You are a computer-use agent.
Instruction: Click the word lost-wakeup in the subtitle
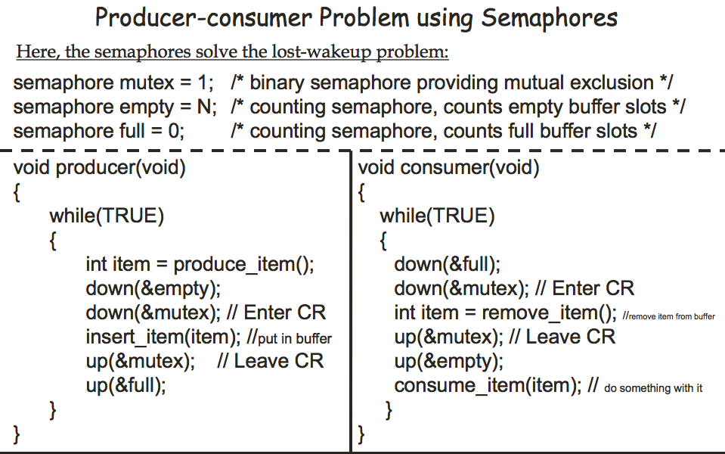[296, 53]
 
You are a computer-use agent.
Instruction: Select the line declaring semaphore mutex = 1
[113, 82]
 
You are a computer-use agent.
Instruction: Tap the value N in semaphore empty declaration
[204, 107]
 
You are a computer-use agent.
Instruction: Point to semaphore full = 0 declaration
[99, 131]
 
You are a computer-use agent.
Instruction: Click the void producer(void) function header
[100, 167]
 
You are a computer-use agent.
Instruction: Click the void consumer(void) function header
[449, 167]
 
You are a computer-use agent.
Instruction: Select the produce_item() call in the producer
[243, 264]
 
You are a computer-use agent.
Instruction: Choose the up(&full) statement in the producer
[125, 385]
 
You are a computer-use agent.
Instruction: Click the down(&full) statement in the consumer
[447, 264]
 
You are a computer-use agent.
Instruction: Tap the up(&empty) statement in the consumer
[448, 361]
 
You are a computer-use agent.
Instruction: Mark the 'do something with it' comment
[653, 388]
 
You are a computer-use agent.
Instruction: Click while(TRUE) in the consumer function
[437, 216]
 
